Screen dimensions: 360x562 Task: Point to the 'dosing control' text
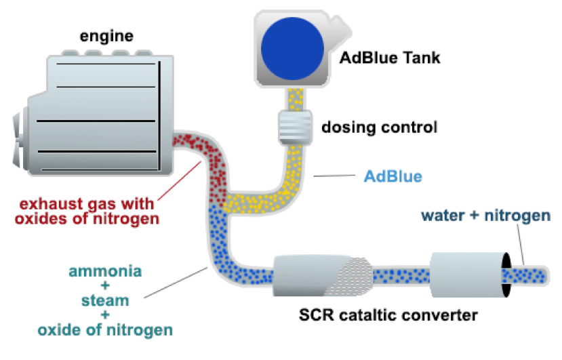379,127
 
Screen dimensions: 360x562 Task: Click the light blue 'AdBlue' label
393,177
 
